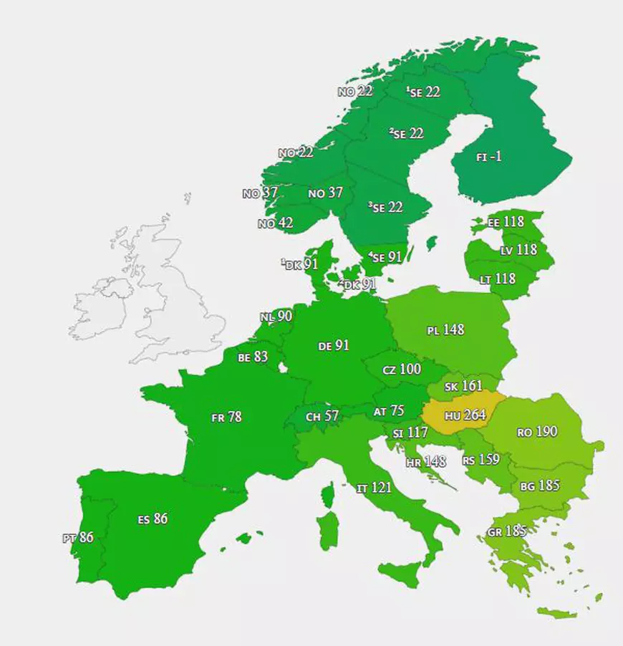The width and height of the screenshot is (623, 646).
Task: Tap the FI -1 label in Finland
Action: tap(488, 157)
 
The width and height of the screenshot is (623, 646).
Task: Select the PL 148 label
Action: tap(445, 330)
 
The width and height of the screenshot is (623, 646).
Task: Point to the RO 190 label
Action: tap(536, 433)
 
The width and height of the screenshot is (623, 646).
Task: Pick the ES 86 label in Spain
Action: tap(153, 519)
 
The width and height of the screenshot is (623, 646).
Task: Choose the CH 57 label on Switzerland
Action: tap(322, 416)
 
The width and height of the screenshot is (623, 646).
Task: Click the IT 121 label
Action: tap(374, 488)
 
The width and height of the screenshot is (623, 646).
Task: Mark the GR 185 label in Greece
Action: tap(506, 531)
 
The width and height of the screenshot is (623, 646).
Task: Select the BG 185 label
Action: tap(539, 486)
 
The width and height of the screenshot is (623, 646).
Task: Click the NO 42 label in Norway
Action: tap(275, 223)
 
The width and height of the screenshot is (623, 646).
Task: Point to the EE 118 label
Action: tap(506, 222)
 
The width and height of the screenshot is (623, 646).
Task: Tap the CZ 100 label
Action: tap(401, 370)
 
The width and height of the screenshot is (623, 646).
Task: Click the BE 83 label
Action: tap(253, 356)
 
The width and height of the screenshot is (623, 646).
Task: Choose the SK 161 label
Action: tap(463, 387)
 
